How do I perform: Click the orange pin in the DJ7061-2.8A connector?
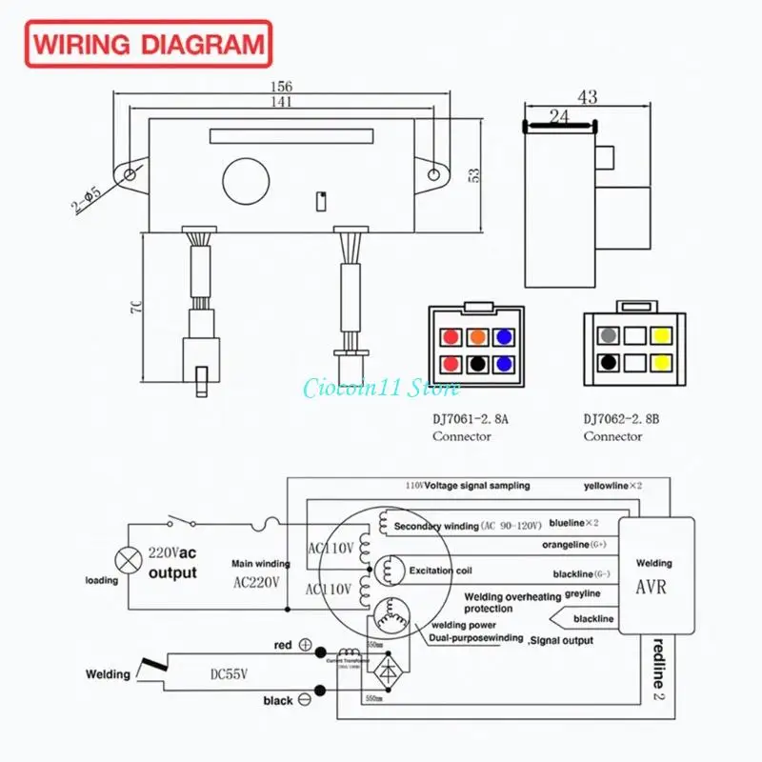click(477, 337)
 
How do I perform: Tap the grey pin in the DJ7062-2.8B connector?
click(608, 336)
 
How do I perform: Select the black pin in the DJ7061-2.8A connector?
click(477, 364)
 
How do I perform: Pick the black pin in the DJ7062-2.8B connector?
click(608, 363)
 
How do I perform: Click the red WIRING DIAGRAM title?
click(149, 44)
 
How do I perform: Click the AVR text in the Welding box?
click(651, 587)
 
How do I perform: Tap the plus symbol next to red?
click(306, 645)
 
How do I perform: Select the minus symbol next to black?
click(306, 700)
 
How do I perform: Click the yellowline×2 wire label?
click(612, 486)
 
